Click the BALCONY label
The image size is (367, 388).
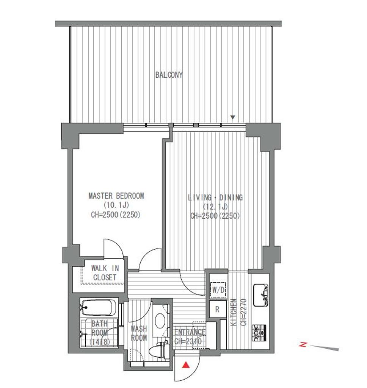pos(169,75)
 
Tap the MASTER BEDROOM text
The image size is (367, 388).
pos(116,196)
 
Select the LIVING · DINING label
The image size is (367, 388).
pos(215,197)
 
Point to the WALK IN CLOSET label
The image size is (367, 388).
pos(105,273)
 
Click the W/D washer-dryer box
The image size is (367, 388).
pos(218,290)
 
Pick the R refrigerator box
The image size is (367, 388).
pos(218,309)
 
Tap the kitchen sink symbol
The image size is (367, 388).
pos(261,295)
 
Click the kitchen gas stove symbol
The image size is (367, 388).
pos(259,333)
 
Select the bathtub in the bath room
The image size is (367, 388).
pos(99,307)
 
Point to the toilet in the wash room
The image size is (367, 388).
pos(159,349)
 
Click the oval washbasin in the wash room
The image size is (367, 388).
pos(160,321)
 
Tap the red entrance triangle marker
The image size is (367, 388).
pos(186,365)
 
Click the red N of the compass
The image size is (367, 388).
pos(303,344)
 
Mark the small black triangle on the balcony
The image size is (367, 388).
pos(232,117)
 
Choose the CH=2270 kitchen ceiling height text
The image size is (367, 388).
pos(243,312)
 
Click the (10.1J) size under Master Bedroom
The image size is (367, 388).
pos(116,205)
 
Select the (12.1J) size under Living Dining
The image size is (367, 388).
pos(215,207)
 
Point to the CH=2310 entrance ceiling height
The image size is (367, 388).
pos(188,341)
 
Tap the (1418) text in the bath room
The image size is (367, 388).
pos(100,342)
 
